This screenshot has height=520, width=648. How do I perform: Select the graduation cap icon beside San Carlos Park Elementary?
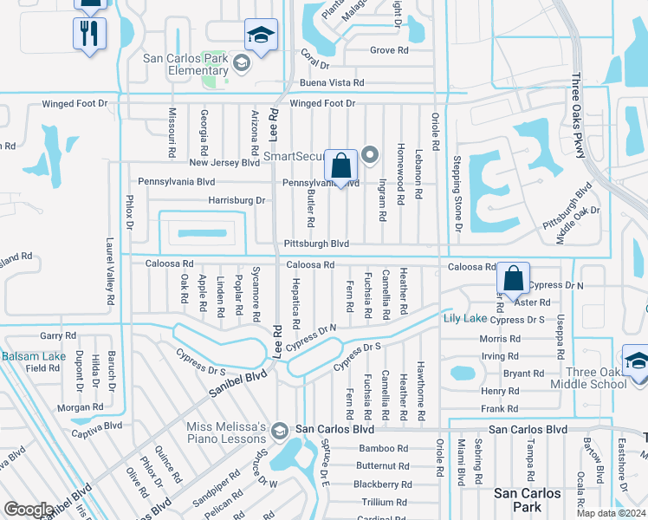(x=261, y=36)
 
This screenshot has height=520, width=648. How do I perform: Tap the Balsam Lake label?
(x=33, y=355)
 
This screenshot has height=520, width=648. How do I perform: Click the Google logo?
(x=29, y=509)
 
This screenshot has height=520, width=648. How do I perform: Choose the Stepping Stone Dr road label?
(x=456, y=193)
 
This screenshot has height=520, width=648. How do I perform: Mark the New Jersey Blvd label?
(x=224, y=162)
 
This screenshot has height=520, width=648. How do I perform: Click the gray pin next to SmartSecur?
(x=371, y=155)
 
